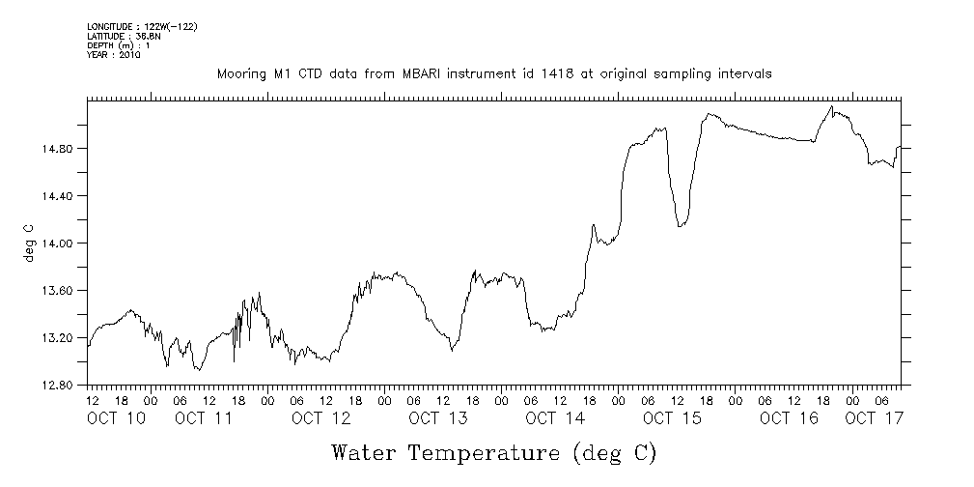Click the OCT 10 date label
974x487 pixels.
click(116, 418)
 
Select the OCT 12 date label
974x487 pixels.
click(320, 418)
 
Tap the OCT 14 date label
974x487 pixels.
click(555, 418)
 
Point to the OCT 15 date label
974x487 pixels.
click(672, 418)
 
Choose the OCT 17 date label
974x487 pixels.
click(874, 418)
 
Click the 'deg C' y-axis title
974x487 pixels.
click(28, 243)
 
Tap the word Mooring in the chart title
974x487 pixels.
click(240, 74)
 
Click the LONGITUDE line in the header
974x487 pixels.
click(142, 26)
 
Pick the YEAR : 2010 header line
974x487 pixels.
click(114, 55)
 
